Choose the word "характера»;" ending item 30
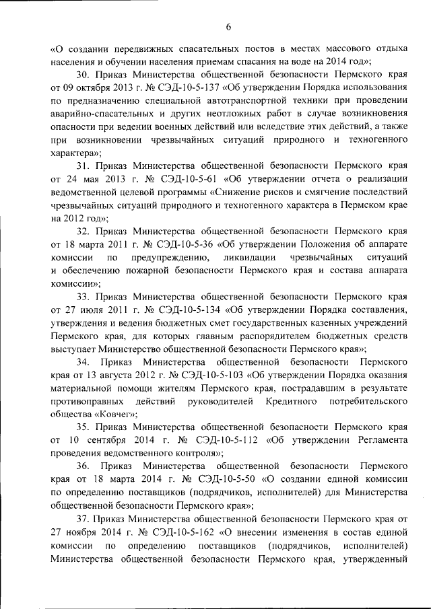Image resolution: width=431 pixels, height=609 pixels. pyautogui.click(x=76, y=152)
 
